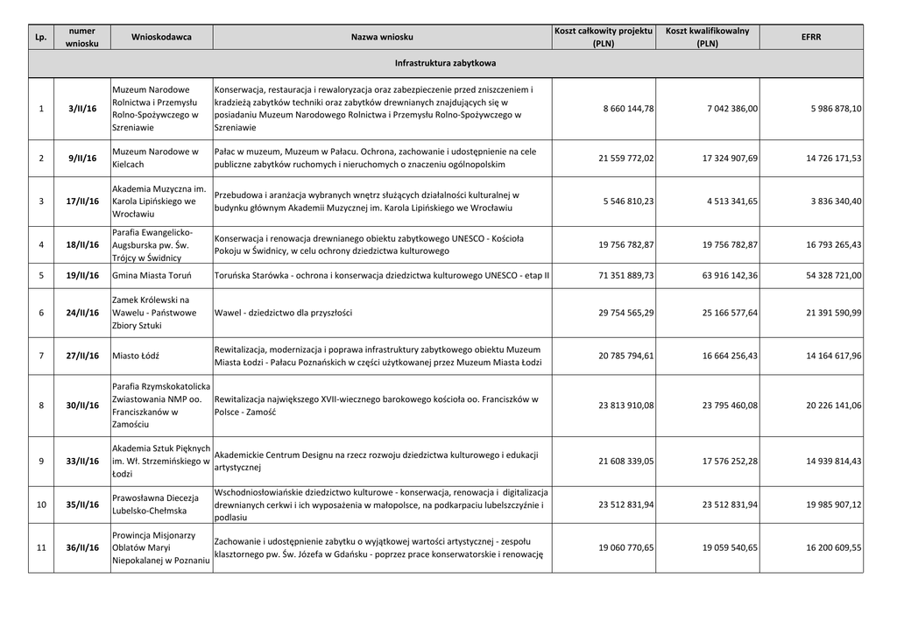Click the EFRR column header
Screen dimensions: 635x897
811,37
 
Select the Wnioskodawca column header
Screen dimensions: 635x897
161,37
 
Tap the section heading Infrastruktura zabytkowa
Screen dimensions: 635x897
445,64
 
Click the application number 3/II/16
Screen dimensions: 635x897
83,109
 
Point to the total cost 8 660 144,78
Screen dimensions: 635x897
628,109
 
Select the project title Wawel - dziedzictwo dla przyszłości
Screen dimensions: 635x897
283,313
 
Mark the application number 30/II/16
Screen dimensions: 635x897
83,406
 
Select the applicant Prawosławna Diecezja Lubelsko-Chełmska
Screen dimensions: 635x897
156,504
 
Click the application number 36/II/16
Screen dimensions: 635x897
83,547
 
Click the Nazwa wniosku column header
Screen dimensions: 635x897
382,37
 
